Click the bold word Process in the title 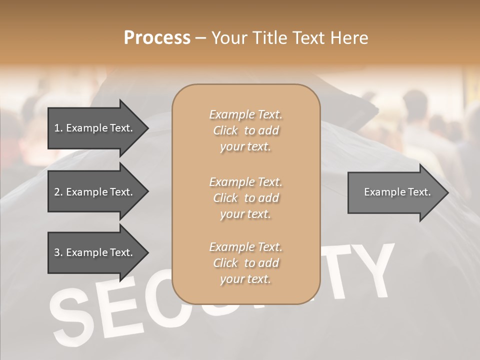[157, 38]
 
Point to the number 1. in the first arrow [58, 128]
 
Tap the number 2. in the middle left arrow [58, 192]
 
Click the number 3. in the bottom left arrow [58, 252]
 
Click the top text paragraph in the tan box [245, 130]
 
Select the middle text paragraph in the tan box [245, 197]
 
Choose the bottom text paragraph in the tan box [245, 263]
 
